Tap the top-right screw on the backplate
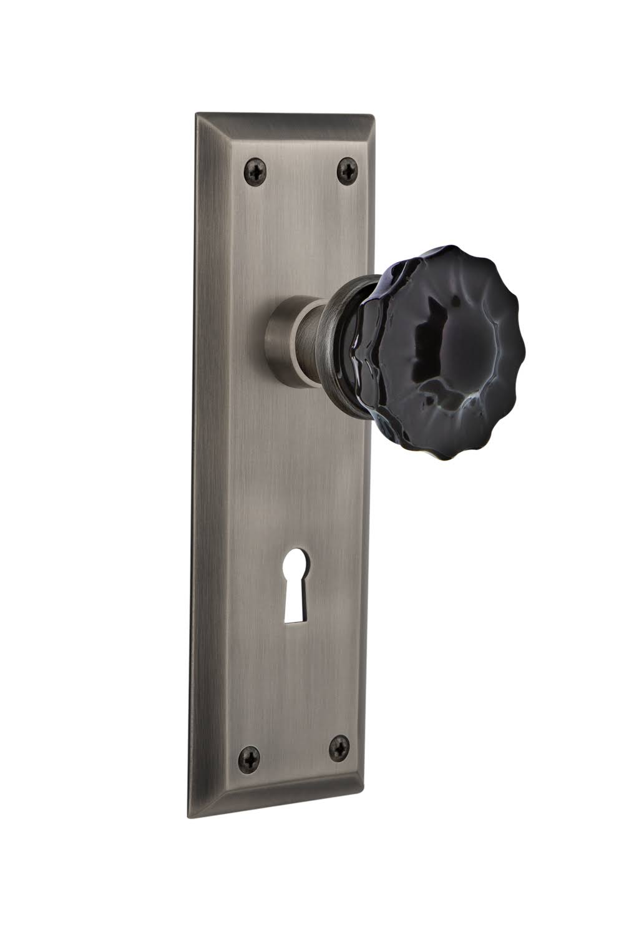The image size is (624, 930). click(x=347, y=169)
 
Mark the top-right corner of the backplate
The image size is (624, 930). click(x=373, y=117)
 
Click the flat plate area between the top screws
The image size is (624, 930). click(x=301, y=169)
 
